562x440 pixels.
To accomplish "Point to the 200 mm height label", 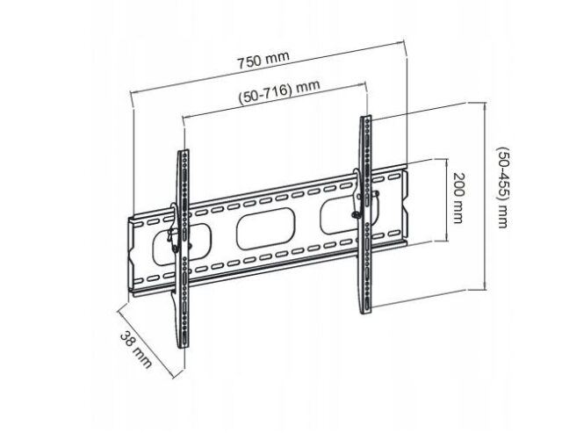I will [457, 198].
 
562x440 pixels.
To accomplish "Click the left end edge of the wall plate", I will [130, 255].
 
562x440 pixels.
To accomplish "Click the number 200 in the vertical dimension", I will [457, 187].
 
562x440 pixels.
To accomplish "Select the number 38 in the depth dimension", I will [129, 342].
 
